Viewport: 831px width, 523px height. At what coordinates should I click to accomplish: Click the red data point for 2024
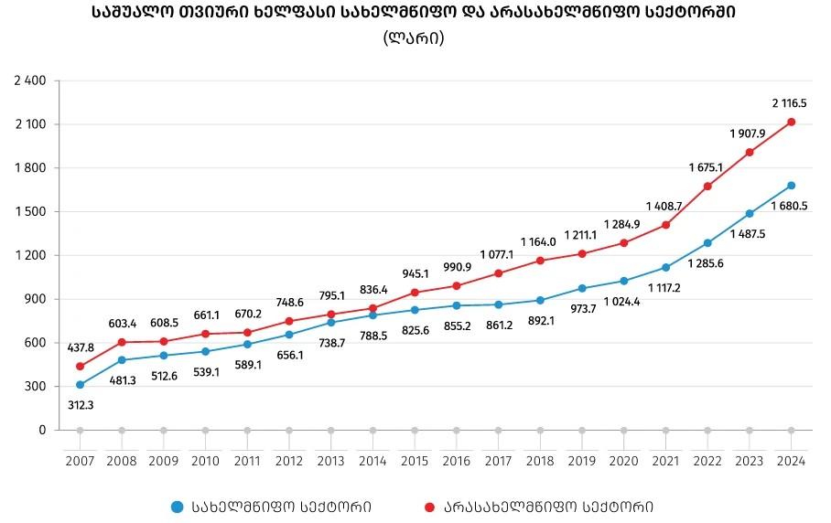[792, 122]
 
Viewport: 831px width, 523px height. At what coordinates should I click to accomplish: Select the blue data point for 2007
[81, 385]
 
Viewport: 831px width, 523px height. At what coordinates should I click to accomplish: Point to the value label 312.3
[81, 403]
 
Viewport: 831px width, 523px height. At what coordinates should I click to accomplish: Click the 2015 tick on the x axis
[415, 460]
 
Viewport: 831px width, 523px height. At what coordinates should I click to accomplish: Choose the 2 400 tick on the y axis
[30, 80]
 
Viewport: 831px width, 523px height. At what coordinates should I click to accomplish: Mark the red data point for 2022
[707, 187]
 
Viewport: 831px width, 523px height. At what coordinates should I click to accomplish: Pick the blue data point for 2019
[582, 288]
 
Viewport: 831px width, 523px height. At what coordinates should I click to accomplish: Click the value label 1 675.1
[706, 167]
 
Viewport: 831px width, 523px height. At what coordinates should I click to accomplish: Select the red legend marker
[429, 506]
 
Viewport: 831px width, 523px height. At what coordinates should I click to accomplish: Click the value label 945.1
[415, 273]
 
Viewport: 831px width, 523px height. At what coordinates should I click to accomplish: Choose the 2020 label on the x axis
[623, 460]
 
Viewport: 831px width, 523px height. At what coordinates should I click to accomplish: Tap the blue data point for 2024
[792, 186]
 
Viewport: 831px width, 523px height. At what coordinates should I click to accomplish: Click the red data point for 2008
[122, 342]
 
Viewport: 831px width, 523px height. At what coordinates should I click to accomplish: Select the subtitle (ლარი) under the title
[415, 38]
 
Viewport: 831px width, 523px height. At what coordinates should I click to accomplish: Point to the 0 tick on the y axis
[42, 430]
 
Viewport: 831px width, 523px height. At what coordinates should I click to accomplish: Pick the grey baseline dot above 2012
[289, 430]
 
